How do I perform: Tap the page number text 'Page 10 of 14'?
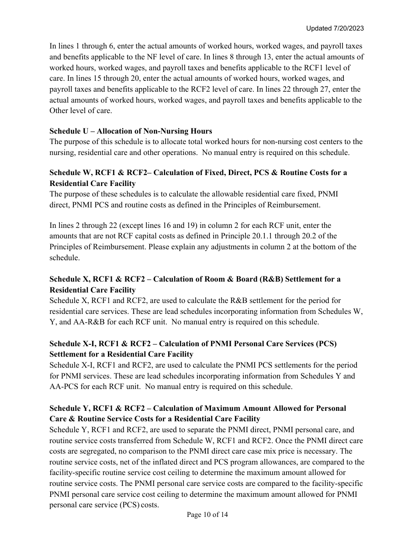click(x=207, y=515)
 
